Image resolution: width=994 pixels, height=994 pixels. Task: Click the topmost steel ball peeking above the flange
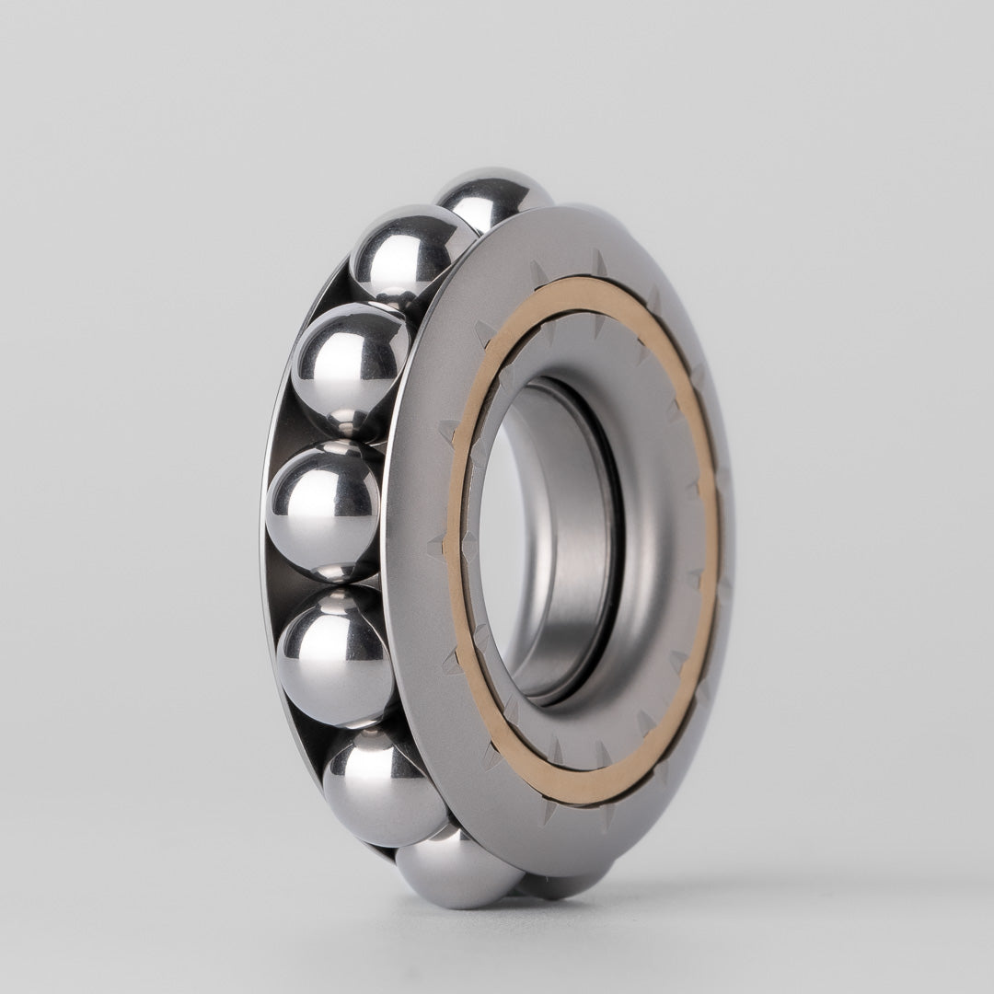(492, 195)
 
